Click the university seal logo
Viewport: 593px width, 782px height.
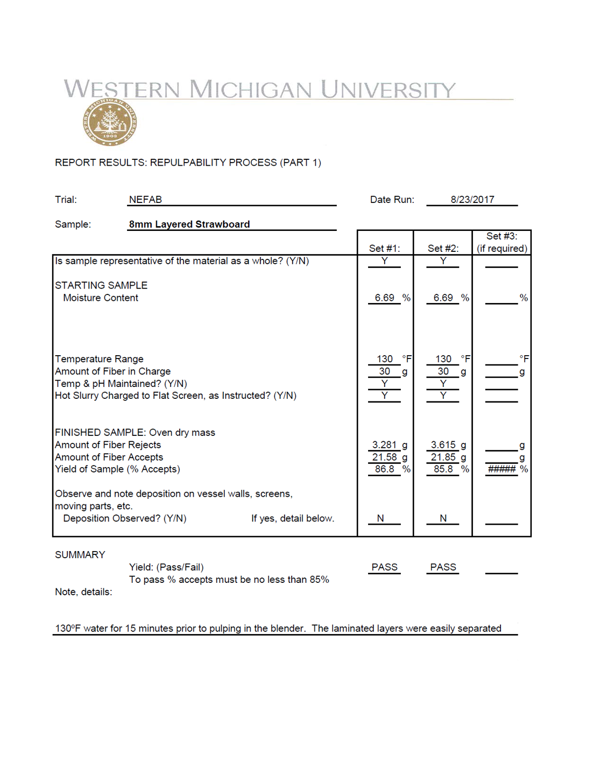pos(110,123)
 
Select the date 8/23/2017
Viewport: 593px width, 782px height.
pos(472,200)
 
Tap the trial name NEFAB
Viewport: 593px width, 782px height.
pos(145,200)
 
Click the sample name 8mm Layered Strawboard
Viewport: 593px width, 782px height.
pos(189,224)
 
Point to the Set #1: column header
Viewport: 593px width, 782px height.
pos(384,249)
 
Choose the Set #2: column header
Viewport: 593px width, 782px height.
pos(443,249)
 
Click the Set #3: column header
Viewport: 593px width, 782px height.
pos(502,242)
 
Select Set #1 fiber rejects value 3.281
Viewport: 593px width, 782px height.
pos(384,445)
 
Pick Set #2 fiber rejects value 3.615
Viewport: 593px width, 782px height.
pos(443,445)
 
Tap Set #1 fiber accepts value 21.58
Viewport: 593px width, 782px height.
pos(384,457)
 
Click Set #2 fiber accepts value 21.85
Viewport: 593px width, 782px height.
pos(443,457)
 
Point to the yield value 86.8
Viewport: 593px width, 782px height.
pos(384,469)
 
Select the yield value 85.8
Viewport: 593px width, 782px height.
pos(443,469)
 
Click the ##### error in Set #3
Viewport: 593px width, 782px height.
pos(502,469)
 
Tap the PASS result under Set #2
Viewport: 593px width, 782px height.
pos(443,567)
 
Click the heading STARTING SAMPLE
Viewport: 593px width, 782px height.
pos(101,285)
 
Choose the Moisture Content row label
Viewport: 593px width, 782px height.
pos(101,298)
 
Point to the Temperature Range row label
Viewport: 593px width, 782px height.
pos(99,359)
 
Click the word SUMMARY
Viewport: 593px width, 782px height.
pos(80,555)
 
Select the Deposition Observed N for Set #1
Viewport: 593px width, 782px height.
pos(380,518)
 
